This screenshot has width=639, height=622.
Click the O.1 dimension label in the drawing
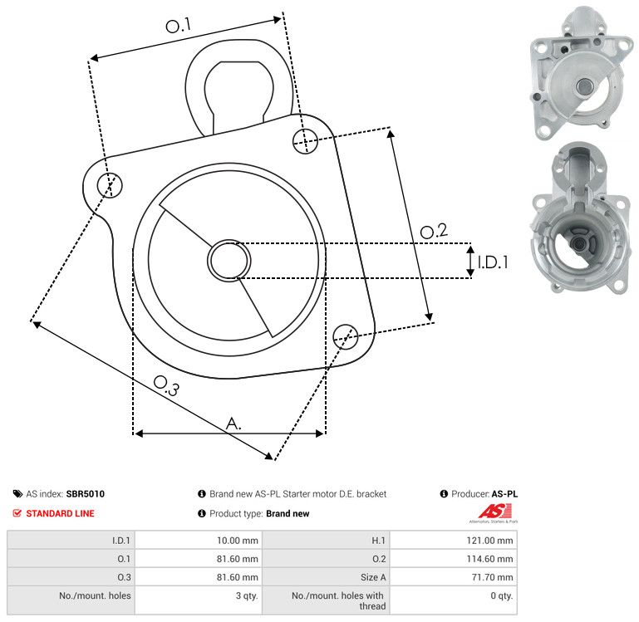[x=179, y=25]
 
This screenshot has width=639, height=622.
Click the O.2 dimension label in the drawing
[x=434, y=231]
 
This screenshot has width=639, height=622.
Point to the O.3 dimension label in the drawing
[x=166, y=385]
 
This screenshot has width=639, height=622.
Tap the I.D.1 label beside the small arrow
[x=493, y=262]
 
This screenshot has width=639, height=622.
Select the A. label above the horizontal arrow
[x=233, y=424]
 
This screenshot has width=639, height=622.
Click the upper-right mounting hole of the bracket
[x=305, y=141]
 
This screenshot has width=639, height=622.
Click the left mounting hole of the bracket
[x=110, y=185]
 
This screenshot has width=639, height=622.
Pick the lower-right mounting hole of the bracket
[x=346, y=336]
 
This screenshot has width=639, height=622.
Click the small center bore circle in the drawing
[x=229, y=261]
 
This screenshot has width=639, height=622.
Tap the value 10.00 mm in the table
[x=237, y=541]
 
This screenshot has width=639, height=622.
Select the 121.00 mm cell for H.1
[x=489, y=541]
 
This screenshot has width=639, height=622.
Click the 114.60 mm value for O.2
[x=489, y=559]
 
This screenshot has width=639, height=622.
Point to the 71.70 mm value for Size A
[x=492, y=577]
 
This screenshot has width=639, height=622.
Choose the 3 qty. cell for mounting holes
[x=247, y=595]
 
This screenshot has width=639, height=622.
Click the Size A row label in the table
[x=373, y=577]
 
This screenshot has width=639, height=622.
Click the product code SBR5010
[x=86, y=493]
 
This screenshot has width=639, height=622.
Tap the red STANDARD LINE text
[x=60, y=513]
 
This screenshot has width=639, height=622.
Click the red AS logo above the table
[x=494, y=512]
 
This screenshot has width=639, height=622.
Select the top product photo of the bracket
[x=581, y=73]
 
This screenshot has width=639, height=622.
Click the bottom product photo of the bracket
[x=581, y=218]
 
